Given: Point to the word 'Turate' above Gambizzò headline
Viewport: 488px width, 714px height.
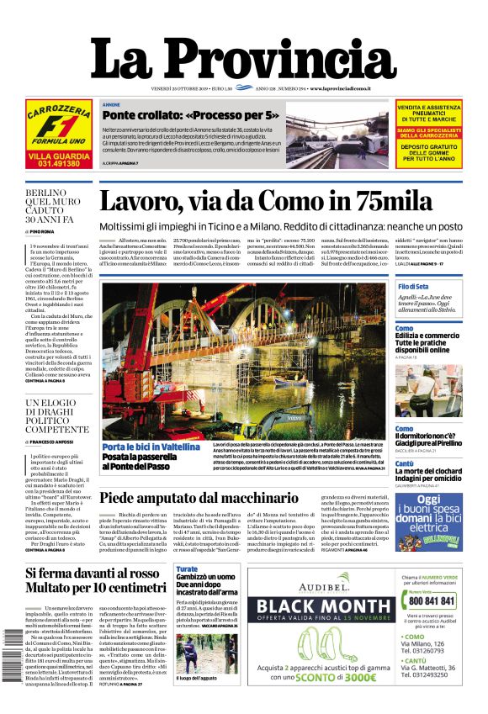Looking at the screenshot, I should (x=187, y=569).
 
